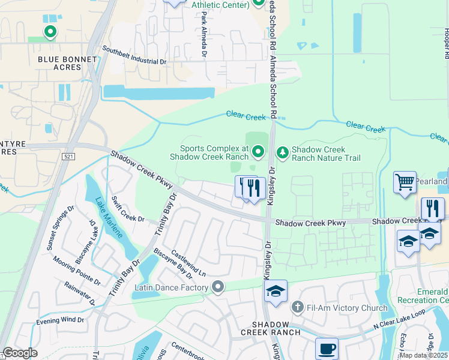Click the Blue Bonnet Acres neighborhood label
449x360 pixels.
click(59, 63)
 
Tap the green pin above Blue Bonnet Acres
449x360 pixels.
click(50, 31)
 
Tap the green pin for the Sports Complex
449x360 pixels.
click(258, 152)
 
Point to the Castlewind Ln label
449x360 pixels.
click(188, 264)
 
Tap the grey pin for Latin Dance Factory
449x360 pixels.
click(218, 288)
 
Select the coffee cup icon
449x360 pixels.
click(327, 348)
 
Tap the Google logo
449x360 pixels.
click(20, 353)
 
